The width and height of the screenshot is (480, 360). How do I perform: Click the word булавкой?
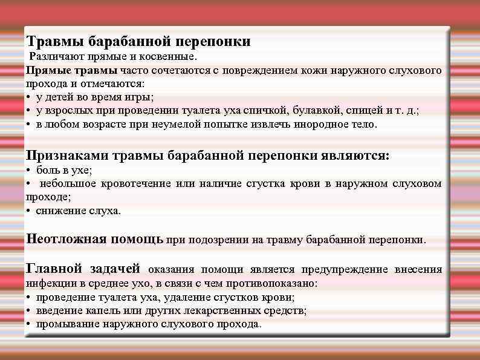click(x=318, y=111)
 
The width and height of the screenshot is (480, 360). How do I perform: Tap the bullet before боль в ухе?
click(x=28, y=171)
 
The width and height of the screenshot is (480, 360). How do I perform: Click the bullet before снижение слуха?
click(x=28, y=211)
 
